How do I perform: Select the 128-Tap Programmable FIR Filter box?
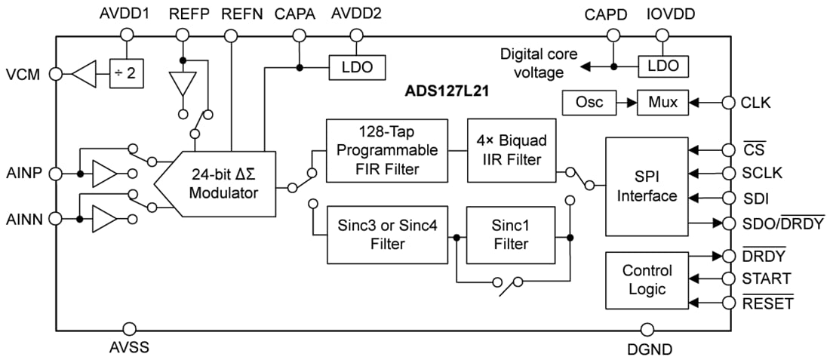(387, 150)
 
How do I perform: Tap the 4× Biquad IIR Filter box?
(511, 150)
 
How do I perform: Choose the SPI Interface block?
(647, 186)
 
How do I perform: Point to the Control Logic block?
(647, 279)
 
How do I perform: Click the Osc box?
(589, 103)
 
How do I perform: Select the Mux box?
(662, 103)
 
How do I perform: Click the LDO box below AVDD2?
(357, 67)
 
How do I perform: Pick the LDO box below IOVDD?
(663, 66)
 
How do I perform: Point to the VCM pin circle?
(56, 74)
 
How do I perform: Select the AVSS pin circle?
(129, 329)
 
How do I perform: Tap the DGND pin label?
(649, 349)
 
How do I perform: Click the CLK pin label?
(756, 103)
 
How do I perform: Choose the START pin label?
(767, 278)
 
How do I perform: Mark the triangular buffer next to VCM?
(87, 74)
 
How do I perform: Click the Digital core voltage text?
(538, 63)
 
